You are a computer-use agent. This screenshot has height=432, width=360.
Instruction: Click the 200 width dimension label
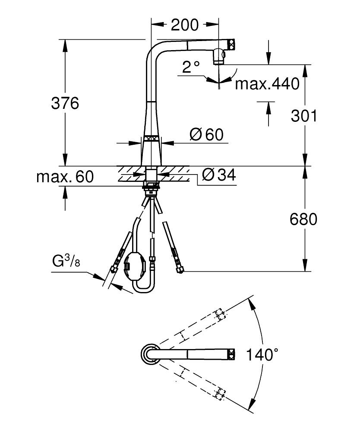[x=185, y=25]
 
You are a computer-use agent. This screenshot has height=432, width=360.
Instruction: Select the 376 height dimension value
[x=65, y=104]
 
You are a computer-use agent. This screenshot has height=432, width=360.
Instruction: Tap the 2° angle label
[x=191, y=67]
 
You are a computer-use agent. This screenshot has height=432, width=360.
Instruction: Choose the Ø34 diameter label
[x=218, y=175]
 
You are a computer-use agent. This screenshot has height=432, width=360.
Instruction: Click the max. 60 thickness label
[x=65, y=177]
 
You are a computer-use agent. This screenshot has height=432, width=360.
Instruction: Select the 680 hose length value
[x=303, y=219]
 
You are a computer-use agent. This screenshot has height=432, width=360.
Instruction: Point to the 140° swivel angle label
[x=262, y=355]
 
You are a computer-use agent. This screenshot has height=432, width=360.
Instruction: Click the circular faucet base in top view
[x=148, y=355]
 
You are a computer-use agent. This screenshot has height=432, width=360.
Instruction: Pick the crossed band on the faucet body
[x=152, y=139]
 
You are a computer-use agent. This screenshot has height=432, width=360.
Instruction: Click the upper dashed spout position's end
[x=220, y=314]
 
